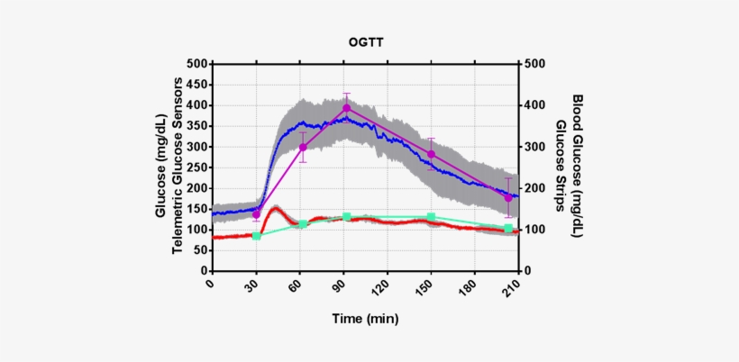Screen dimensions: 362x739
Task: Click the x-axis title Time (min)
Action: [365, 319]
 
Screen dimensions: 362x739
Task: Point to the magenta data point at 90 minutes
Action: [346, 108]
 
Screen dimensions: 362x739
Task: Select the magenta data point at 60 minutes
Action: [303, 148]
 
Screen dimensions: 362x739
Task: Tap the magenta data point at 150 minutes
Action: [431, 155]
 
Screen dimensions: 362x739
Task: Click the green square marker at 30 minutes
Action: [257, 236]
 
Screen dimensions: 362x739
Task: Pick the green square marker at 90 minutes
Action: [347, 217]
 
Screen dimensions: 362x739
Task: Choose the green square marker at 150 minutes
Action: [431, 217]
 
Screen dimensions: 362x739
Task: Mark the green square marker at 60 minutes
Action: [303, 223]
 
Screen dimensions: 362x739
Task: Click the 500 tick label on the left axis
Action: [195, 64]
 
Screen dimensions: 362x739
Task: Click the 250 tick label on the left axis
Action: [195, 167]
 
